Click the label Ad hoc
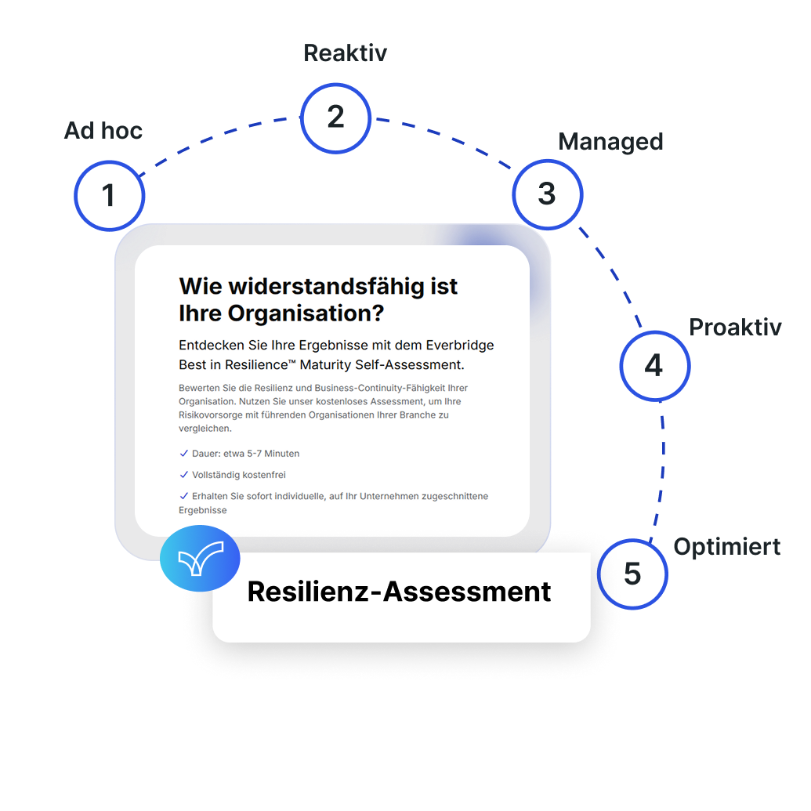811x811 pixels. click(x=103, y=130)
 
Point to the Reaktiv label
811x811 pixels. click(x=345, y=52)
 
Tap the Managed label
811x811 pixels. click(x=610, y=143)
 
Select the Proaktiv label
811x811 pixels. click(x=735, y=327)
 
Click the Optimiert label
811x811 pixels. click(x=726, y=547)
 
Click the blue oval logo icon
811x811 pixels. click(x=200, y=558)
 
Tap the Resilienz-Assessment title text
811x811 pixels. click(x=399, y=591)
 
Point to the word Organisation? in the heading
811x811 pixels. click(x=306, y=313)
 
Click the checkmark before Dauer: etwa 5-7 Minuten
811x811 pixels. click(x=183, y=454)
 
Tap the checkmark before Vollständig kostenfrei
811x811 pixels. click(x=183, y=475)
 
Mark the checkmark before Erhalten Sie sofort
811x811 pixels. click(x=183, y=496)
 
